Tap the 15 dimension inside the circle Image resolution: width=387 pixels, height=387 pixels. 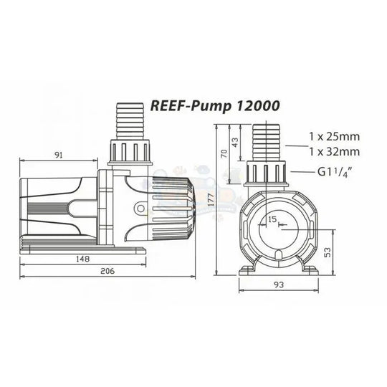click(272, 219)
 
